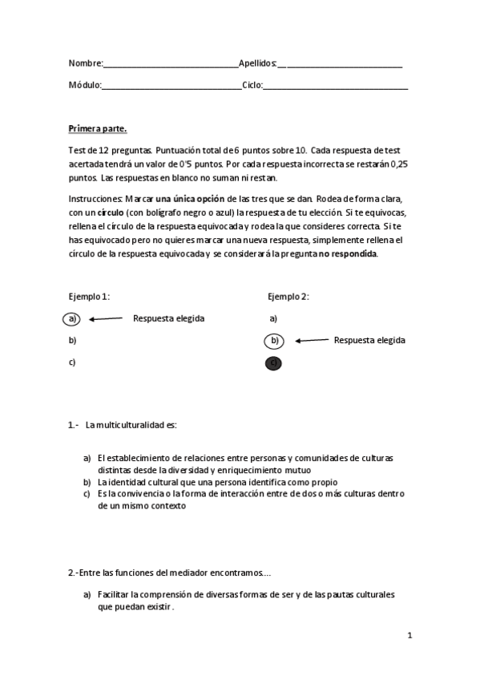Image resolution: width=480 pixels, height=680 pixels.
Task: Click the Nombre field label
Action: tap(86, 63)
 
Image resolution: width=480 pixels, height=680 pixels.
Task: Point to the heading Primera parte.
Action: tap(97, 128)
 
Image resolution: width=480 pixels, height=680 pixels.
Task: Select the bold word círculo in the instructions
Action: tap(110, 212)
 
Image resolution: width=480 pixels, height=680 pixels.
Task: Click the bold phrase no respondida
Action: tap(347, 253)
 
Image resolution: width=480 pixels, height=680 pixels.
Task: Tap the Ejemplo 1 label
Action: tap(89, 297)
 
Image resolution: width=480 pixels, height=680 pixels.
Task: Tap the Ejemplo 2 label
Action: tap(288, 297)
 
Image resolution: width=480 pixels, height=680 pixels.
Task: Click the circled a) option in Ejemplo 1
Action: tap(72, 318)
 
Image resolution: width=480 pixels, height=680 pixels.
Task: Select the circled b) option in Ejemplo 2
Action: tap(274, 341)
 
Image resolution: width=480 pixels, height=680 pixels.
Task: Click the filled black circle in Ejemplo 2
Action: tap(274, 363)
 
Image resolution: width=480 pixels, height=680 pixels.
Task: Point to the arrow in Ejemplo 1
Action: tap(105, 318)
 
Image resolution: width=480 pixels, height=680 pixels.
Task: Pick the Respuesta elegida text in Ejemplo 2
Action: tap(369, 340)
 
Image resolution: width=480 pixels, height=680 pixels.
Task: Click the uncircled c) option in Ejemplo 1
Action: tap(72, 362)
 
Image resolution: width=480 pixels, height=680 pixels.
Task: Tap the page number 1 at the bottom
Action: tap(409, 636)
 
